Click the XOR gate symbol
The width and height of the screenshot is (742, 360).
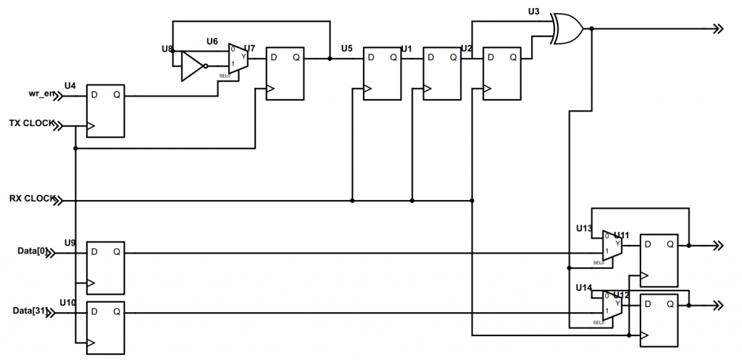tap(567, 28)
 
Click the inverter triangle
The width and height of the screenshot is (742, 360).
tap(192, 66)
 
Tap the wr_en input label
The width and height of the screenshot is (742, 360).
tap(42, 94)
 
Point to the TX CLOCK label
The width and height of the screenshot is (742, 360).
tap(30, 124)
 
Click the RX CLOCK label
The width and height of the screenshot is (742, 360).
tap(30, 198)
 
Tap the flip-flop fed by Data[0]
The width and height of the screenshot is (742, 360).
tap(106, 267)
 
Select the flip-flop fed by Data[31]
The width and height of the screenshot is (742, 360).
tap(106, 327)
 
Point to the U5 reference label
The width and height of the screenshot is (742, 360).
tap(346, 49)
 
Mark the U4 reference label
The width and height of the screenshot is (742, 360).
tap(70, 85)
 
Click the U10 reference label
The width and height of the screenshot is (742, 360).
tap(67, 301)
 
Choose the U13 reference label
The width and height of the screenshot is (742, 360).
tap(584, 228)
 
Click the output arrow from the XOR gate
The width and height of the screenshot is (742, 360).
tap(717, 28)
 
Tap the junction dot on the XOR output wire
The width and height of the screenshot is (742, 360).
tap(593, 28)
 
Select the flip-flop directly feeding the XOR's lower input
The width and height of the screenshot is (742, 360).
tap(501, 73)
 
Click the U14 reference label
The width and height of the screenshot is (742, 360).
tap(584, 288)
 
